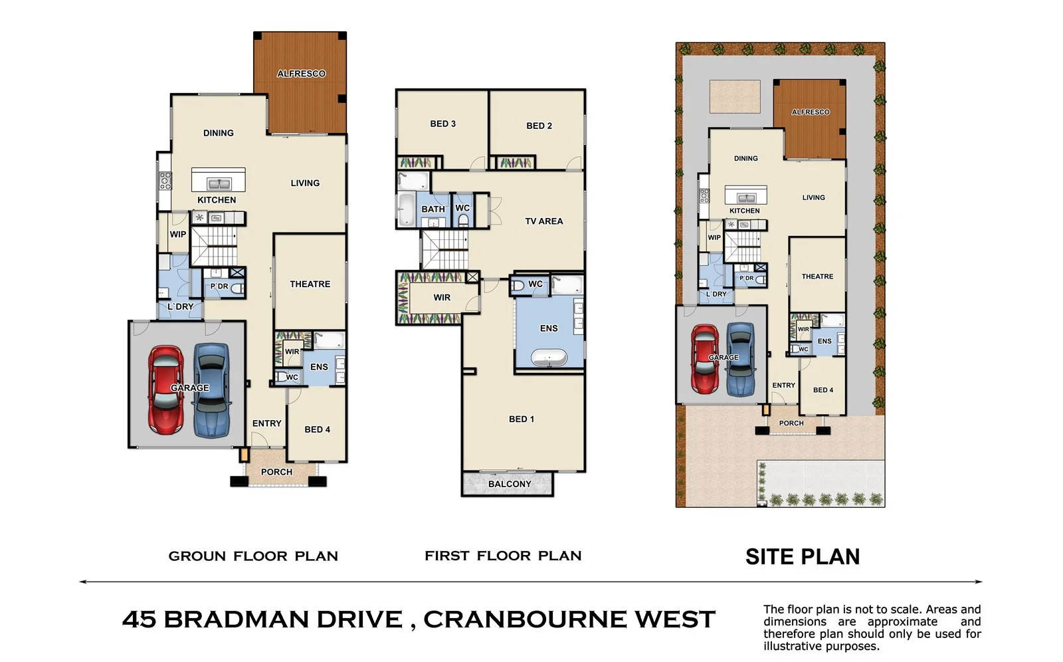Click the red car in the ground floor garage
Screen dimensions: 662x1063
[x=165, y=389]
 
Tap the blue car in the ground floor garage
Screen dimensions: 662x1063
[x=211, y=389]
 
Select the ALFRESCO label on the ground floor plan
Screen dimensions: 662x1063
[x=301, y=74]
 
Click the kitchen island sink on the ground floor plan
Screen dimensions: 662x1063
[x=218, y=183]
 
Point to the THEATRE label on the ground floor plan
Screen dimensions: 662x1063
[x=310, y=284]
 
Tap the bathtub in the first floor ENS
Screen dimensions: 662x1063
[x=549, y=359]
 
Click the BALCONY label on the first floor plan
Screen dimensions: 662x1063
[x=510, y=484]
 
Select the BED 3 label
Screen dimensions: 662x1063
[x=442, y=124]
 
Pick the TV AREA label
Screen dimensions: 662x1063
[x=543, y=221]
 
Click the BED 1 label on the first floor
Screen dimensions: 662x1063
[x=521, y=419]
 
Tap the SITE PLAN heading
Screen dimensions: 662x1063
[x=802, y=556]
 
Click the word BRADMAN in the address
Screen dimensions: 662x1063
[x=282, y=619]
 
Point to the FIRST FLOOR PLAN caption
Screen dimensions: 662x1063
[x=503, y=556]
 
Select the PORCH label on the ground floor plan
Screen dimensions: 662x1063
[x=276, y=472]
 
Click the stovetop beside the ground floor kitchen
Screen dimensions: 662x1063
[x=165, y=180]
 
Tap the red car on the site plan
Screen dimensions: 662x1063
[x=704, y=358]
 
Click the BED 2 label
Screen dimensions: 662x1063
[x=539, y=126]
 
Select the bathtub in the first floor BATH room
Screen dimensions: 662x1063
[x=405, y=209]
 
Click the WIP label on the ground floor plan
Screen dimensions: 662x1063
[x=177, y=234]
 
